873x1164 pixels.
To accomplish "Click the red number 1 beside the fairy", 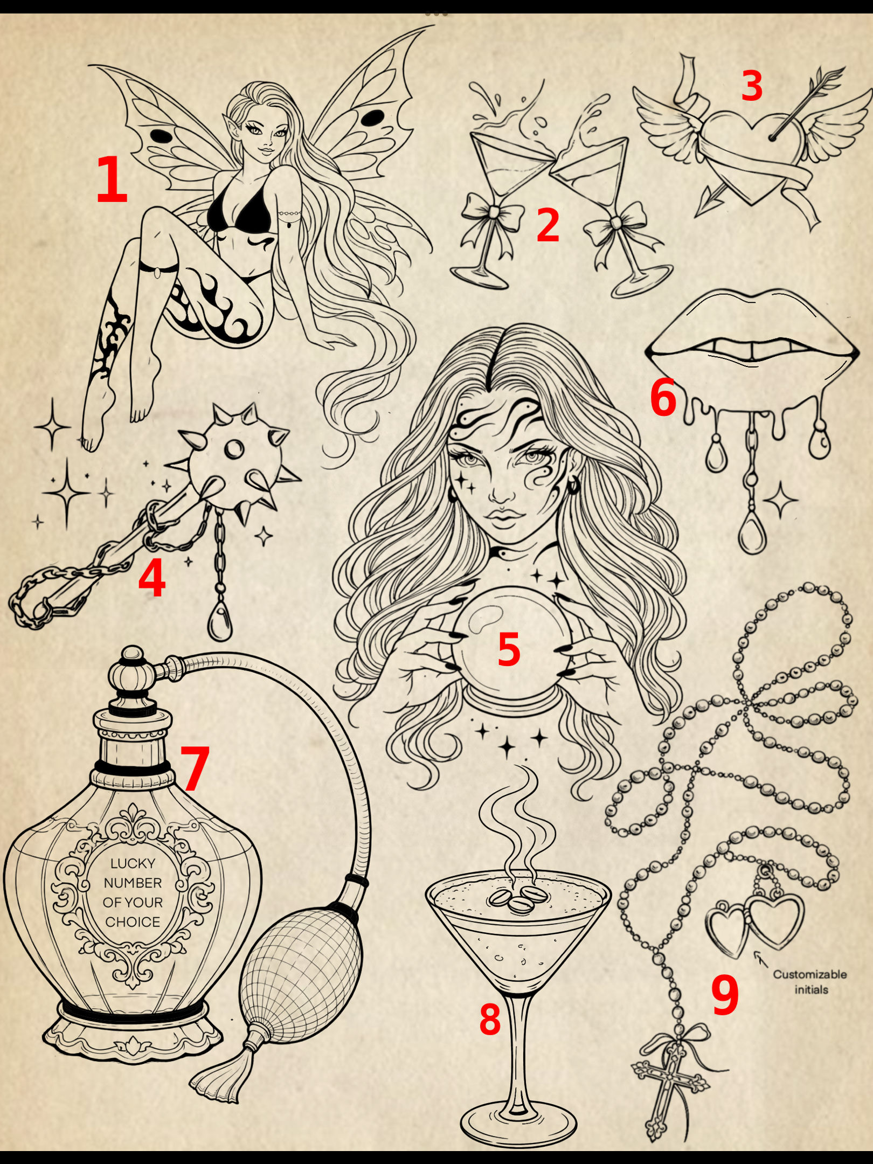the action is tap(112, 179).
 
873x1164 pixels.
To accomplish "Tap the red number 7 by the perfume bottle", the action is tap(194, 768).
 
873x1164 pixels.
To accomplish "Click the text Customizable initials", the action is tap(810, 982).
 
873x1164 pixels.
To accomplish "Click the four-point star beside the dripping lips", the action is tap(780, 499).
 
